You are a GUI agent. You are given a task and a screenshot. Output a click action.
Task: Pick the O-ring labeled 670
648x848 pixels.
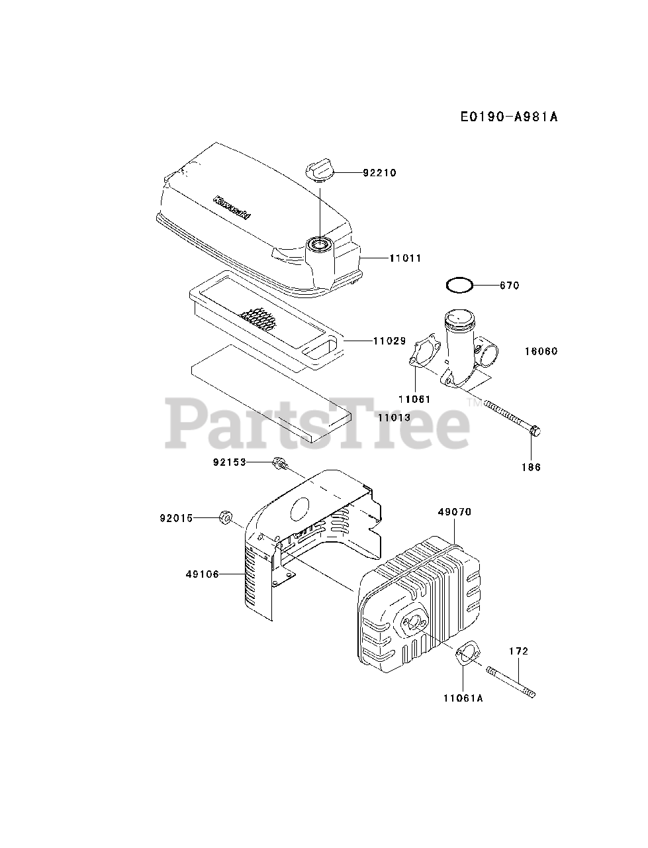point(459,286)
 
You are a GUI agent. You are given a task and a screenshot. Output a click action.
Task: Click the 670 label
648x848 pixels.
point(510,286)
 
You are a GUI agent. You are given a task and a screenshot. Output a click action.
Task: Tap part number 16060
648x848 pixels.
point(541,352)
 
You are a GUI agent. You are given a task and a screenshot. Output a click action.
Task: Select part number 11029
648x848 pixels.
point(389,341)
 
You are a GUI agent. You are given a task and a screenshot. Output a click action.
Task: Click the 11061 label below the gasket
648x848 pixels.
point(414,399)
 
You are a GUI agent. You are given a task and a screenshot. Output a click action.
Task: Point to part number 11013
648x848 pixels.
point(394,418)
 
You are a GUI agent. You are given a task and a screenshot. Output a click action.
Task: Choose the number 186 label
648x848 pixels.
point(531,467)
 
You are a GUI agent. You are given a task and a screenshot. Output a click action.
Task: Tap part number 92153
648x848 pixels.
point(229,462)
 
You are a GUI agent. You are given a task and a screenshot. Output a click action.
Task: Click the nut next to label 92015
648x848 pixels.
point(224,517)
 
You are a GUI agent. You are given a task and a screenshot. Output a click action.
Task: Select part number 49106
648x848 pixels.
point(203,574)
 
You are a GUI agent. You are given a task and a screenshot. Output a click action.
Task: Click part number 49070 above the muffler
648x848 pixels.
point(455,512)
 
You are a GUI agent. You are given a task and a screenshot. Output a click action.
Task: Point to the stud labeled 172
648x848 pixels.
point(511,682)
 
